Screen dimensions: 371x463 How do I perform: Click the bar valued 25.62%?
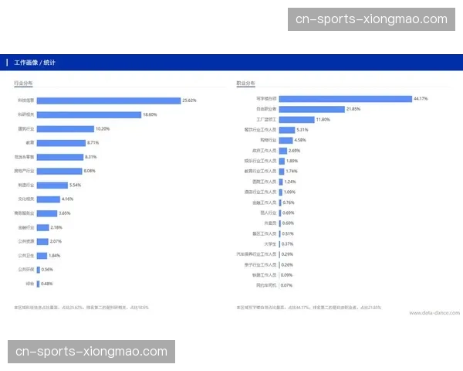coord(108,100)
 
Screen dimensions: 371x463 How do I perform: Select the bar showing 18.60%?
coord(88,114)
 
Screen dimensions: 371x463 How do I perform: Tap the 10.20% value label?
coord(103,129)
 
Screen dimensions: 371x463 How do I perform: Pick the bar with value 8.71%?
coord(61,143)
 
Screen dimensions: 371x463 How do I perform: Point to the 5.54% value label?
coord(75,185)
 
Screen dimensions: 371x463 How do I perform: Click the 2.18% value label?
coord(56,228)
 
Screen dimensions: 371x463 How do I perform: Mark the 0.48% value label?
coord(46,284)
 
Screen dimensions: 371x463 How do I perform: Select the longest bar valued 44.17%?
coord(345,99)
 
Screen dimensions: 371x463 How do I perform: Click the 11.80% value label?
coord(323,120)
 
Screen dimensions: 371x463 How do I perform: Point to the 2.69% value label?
coord(294,151)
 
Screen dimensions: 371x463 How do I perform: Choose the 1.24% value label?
coord(290,182)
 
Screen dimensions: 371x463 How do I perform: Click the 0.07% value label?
coord(286,285)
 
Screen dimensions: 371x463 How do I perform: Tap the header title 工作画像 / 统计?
coord(35,62)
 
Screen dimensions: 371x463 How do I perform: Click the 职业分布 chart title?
coord(245,83)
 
